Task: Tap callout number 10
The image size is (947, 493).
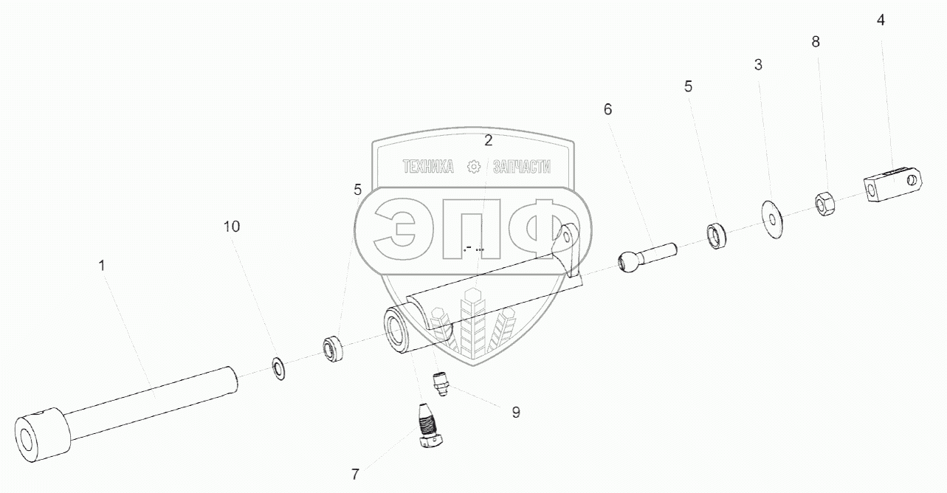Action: pyautogui.click(x=232, y=227)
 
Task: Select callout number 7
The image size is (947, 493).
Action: pyautogui.click(x=355, y=472)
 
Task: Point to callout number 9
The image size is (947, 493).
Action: pyautogui.click(x=515, y=412)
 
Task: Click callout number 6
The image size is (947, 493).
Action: pyautogui.click(x=607, y=109)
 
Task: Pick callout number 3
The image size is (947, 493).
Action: pyautogui.click(x=758, y=64)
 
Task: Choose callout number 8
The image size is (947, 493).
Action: pyautogui.click(x=816, y=42)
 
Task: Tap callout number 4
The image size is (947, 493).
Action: pyautogui.click(x=881, y=20)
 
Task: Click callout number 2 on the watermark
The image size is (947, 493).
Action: pyautogui.click(x=488, y=140)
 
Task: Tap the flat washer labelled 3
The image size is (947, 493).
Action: pyautogui.click(x=771, y=216)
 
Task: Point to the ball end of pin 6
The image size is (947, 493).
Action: pyautogui.click(x=628, y=261)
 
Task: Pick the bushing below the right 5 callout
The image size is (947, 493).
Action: pyautogui.click(x=717, y=235)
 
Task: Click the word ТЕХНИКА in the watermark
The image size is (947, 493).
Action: pyautogui.click(x=428, y=168)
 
